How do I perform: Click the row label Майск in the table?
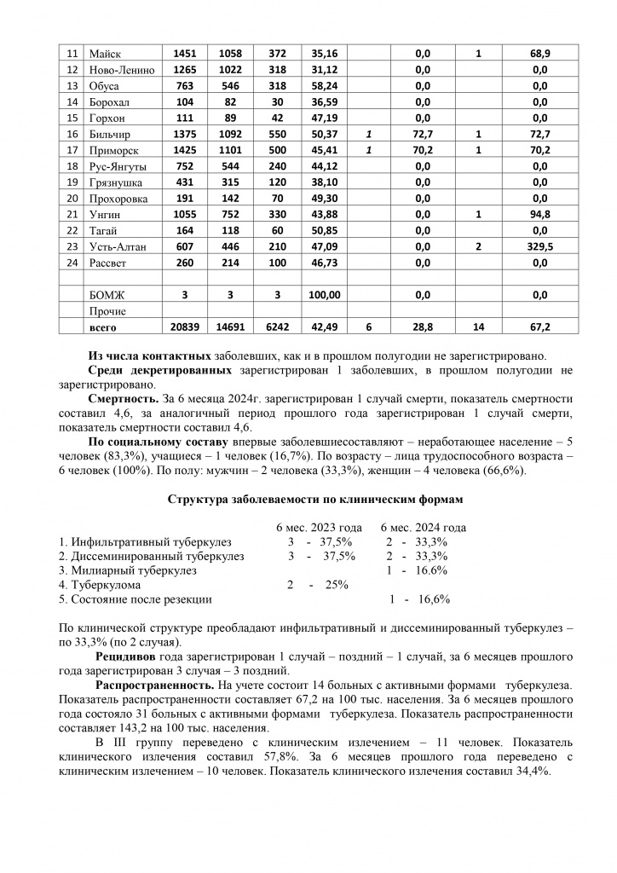point(106,54)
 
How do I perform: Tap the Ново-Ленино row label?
point(121,70)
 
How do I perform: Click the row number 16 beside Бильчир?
point(72,134)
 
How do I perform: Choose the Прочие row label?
point(107,311)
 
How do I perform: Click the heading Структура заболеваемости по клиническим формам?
point(308,500)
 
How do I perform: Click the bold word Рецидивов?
point(128,657)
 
